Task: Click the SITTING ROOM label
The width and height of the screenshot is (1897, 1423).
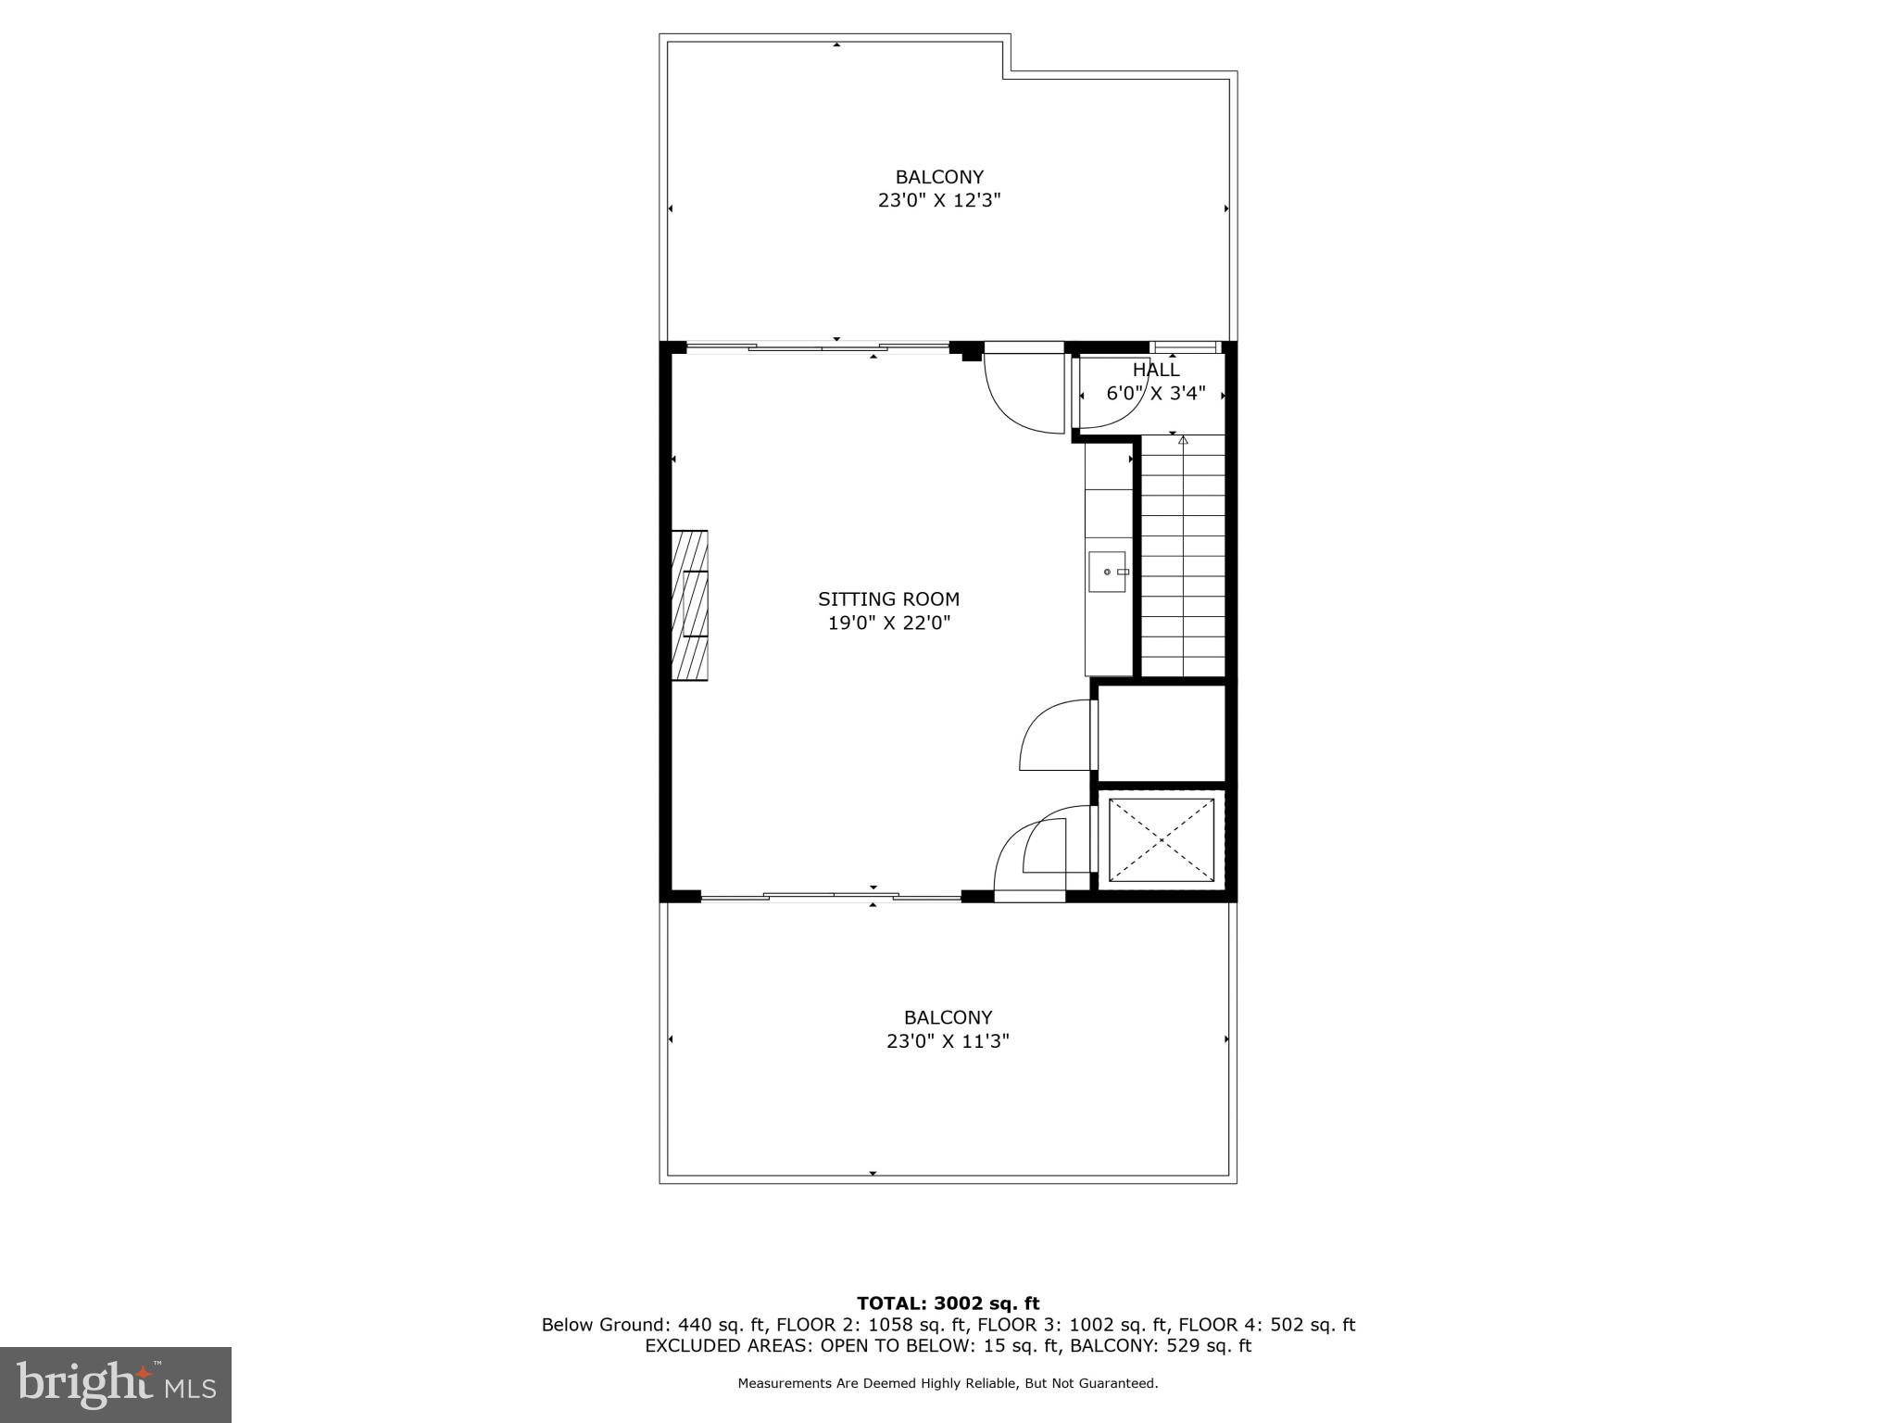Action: click(888, 599)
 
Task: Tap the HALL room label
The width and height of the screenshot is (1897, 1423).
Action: click(1156, 370)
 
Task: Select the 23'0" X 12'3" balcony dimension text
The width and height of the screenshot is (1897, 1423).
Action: click(939, 200)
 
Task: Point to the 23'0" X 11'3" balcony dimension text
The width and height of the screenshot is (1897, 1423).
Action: click(948, 1041)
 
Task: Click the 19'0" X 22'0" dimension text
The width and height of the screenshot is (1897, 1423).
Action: click(889, 623)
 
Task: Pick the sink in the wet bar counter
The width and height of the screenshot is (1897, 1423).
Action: click(1107, 572)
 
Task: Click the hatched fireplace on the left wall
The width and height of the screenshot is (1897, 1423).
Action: click(689, 606)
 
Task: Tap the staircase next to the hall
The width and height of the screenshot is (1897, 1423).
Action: click(1183, 556)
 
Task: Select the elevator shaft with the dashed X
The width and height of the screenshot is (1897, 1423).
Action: click(1162, 840)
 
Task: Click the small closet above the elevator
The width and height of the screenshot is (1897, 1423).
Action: click(1162, 733)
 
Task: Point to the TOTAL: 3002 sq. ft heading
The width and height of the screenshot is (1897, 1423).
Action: click(948, 1304)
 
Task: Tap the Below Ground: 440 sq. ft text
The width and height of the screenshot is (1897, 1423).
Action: click(654, 1325)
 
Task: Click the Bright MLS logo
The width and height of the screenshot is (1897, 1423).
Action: click(116, 1384)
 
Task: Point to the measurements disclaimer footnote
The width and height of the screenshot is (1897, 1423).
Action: click(948, 1383)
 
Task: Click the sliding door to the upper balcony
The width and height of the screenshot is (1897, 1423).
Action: click(817, 348)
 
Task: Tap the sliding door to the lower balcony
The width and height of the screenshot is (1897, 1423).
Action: click(831, 896)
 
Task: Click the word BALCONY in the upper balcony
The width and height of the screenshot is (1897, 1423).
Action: click(939, 177)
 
